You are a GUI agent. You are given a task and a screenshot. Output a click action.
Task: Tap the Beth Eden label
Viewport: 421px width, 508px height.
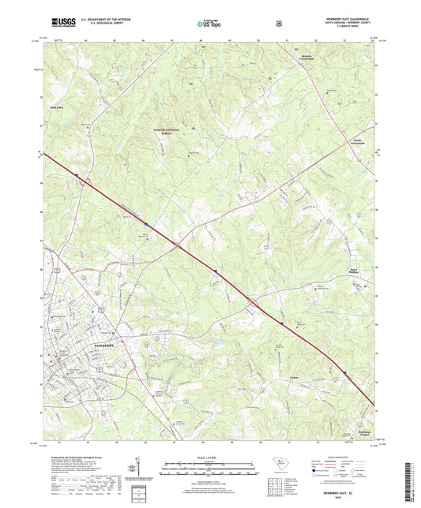point(56,105)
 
